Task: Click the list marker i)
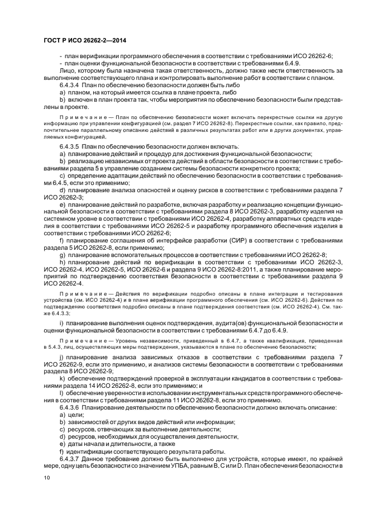(61, 324)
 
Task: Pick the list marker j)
(61, 355)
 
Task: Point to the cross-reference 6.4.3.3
(57, 313)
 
